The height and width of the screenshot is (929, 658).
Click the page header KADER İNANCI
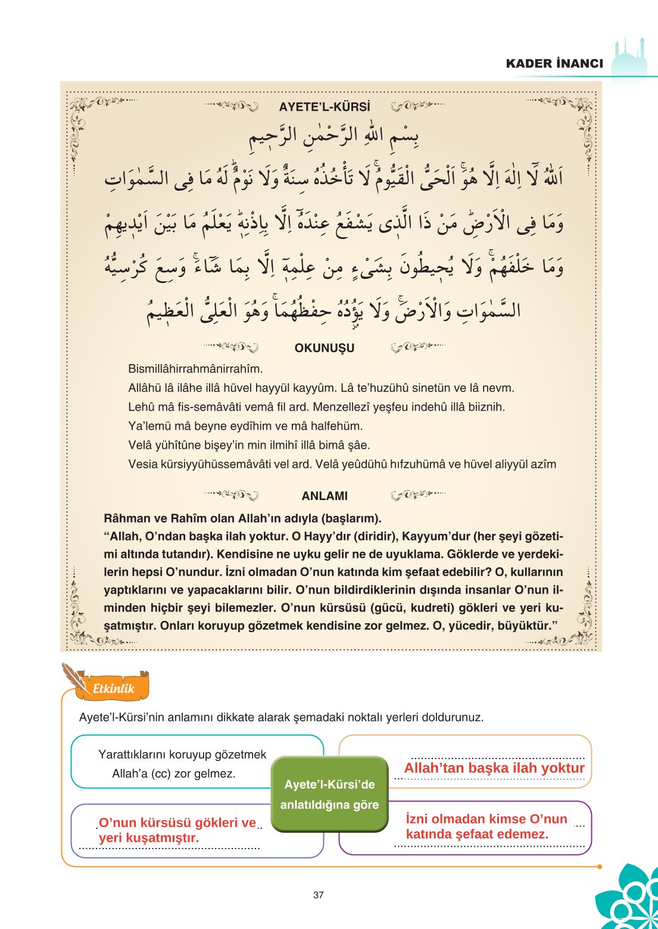554,63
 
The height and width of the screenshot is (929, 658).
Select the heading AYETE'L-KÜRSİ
325,107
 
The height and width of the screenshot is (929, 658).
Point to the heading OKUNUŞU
325,348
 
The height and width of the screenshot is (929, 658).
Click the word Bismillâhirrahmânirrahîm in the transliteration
195,369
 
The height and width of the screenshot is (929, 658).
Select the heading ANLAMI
325,496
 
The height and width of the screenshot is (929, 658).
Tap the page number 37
319,894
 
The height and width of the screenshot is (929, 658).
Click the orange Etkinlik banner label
114,688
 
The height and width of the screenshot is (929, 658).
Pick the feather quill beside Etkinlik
74,676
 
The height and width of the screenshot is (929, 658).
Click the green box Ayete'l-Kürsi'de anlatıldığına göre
329,794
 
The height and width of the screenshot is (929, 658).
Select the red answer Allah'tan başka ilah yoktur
494,768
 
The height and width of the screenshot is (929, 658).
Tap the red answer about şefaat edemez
487,827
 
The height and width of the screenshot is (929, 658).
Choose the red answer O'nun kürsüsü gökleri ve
177,823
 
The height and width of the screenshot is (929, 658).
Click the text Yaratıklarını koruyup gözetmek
182,754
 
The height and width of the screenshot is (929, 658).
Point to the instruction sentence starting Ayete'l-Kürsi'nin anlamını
281,717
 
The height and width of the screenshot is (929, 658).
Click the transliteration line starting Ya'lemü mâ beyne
245,426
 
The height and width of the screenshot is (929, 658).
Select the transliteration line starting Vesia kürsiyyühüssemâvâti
342,464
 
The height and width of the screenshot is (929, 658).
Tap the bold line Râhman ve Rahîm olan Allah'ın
242,518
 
